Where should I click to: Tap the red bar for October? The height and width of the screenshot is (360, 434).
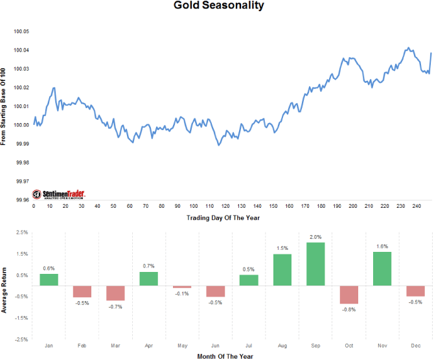click(x=349, y=295)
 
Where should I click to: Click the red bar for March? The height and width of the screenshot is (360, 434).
click(x=115, y=293)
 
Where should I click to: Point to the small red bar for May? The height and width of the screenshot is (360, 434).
click(x=182, y=287)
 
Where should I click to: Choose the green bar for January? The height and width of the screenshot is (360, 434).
click(x=49, y=279)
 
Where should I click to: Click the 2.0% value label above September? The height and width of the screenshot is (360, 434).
click(x=315, y=237)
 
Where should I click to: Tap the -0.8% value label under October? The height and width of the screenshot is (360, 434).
click(x=349, y=309)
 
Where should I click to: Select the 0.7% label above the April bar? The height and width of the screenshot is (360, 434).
click(x=148, y=266)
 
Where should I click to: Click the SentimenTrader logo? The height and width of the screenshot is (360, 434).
click(x=59, y=194)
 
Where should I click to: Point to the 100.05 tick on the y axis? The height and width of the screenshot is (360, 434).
click(x=21, y=31)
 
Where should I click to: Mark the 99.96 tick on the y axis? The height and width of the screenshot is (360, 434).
click(x=21, y=199)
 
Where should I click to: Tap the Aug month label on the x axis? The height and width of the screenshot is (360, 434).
click(x=282, y=347)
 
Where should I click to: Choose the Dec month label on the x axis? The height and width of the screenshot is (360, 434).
click(x=415, y=347)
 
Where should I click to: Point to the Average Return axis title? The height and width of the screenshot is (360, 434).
click(x=5, y=286)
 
